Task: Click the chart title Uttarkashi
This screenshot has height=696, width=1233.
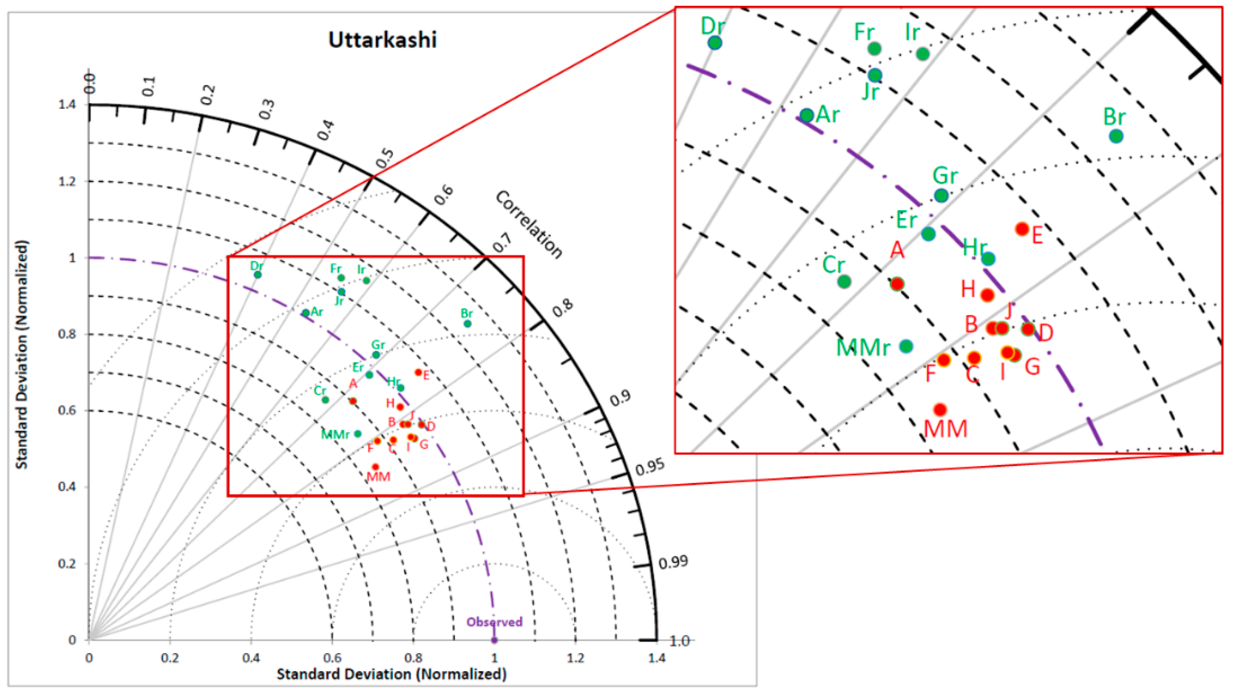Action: [x=382, y=40]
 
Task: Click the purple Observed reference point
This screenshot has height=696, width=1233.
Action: [x=495, y=640]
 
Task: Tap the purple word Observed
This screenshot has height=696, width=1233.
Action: [x=495, y=622]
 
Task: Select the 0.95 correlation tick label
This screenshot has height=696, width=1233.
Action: [x=650, y=467]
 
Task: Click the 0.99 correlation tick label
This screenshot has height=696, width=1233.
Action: [x=673, y=562]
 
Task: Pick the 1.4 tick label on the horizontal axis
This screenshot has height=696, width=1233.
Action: [x=657, y=658]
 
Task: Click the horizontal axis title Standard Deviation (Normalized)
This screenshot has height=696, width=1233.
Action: [x=392, y=674]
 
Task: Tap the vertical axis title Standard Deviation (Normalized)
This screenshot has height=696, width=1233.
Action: [x=21, y=354]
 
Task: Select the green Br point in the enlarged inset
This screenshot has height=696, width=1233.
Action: [x=1116, y=136]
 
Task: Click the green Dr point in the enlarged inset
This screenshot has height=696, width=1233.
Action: [x=715, y=43]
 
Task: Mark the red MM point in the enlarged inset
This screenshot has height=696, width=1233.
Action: [x=940, y=410]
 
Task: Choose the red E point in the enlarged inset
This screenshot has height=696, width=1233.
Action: [x=1022, y=229]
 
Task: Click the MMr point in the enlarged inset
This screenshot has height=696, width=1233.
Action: [x=906, y=346]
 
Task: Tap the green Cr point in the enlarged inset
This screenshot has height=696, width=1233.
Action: [x=844, y=282]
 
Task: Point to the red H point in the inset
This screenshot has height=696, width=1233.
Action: [x=987, y=295]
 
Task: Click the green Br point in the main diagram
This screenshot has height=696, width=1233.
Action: [x=468, y=324]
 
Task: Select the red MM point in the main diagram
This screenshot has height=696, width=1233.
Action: [x=375, y=467]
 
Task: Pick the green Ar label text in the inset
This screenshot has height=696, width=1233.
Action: [x=828, y=114]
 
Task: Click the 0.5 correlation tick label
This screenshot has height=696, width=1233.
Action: [x=384, y=158]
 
